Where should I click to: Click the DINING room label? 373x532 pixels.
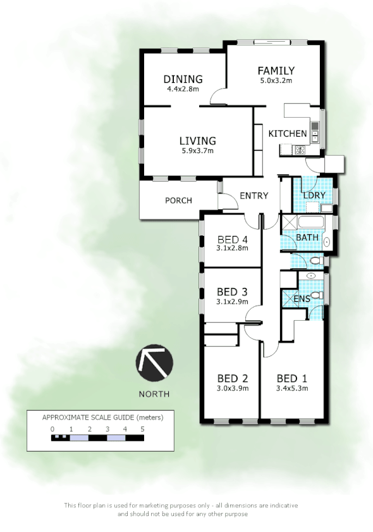183,79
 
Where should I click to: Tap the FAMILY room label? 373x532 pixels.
276,71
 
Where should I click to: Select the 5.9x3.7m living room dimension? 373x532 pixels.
197,151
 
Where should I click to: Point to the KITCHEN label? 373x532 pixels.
288,133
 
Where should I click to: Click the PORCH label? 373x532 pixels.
178,201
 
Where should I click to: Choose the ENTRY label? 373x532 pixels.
254,196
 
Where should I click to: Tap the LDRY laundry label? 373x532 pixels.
314,195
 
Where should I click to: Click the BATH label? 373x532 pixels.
307,237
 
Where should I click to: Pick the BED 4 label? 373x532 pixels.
232,239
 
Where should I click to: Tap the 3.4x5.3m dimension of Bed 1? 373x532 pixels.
292,388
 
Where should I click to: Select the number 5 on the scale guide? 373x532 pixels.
143,429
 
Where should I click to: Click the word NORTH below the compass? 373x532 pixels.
154,394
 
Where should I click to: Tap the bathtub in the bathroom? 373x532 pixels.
310,223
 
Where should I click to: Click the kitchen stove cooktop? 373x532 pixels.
300,150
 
